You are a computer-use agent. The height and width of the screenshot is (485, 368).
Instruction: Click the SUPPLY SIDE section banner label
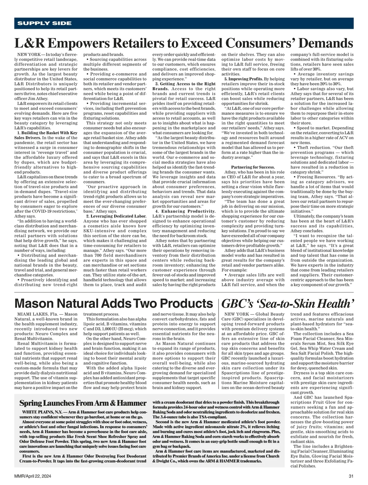point(44,23)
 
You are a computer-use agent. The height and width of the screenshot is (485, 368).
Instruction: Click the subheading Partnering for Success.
point(253,167)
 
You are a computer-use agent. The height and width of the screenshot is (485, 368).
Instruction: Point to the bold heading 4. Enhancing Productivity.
point(185,211)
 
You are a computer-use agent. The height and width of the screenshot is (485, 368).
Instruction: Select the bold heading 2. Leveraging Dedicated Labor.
point(116,216)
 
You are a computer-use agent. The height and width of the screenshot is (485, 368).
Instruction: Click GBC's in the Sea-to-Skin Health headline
point(238,304)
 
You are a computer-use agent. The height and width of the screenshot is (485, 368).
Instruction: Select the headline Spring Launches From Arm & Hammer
point(83,403)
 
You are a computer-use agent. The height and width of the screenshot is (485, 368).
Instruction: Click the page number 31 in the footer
point(351,476)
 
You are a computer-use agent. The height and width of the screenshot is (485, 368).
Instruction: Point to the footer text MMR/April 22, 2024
point(33,476)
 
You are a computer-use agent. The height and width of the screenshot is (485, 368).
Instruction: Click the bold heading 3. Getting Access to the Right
point(186,84)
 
